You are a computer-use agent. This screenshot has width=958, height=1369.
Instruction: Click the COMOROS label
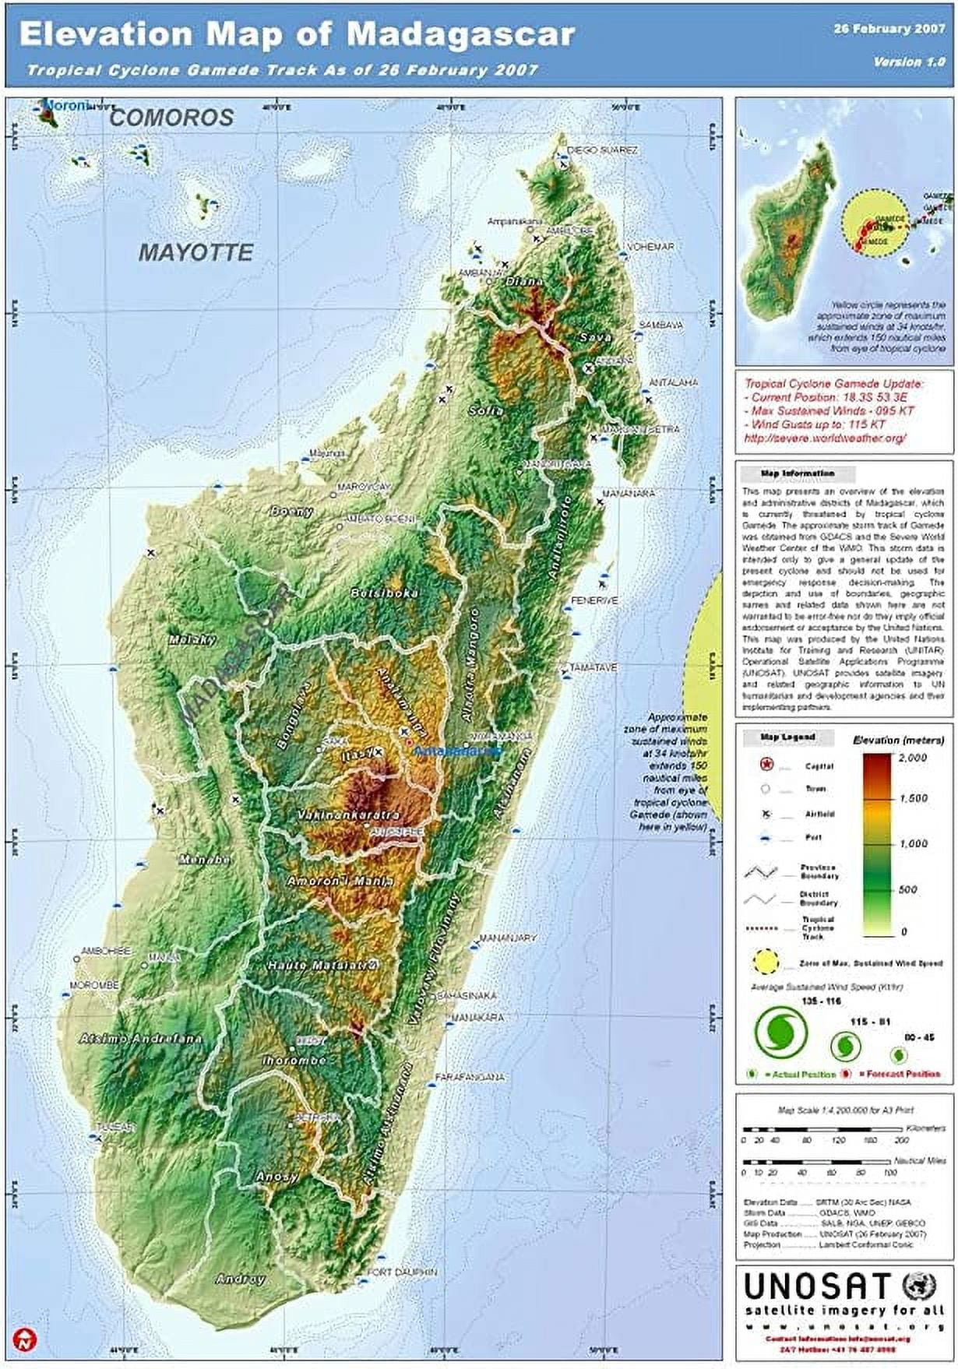pyautogui.click(x=171, y=118)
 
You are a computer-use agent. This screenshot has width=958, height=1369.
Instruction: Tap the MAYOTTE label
pyautogui.click(x=195, y=252)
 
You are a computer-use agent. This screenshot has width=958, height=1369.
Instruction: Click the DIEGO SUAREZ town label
pyautogui.click(x=602, y=150)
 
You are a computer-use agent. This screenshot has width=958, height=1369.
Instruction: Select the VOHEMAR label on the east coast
pyautogui.click(x=650, y=246)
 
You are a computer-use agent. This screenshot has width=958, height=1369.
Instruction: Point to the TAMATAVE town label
pyautogui.click(x=593, y=667)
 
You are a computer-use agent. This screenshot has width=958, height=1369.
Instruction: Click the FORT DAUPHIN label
pyautogui.click(x=402, y=1272)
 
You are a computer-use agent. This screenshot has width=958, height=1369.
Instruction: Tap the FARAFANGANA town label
pyautogui.click(x=469, y=1077)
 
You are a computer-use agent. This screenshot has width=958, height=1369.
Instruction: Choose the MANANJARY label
pyautogui.click(x=507, y=938)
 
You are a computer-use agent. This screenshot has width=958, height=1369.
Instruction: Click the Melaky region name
pyautogui.click(x=192, y=639)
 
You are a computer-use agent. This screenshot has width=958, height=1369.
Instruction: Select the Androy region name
pyautogui.click(x=240, y=1279)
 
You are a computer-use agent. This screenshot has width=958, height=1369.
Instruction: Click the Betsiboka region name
pyautogui.click(x=384, y=593)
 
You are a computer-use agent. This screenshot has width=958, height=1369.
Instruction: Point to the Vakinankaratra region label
pyautogui.click(x=348, y=815)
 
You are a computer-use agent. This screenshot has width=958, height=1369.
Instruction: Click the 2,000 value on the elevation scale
pyautogui.click(x=912, y=757)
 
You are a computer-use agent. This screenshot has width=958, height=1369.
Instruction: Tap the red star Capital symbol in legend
pyautogui.click(x=766, y=765)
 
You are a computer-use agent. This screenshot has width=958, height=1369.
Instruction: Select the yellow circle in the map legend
pyautogui.click(x=766, y=962)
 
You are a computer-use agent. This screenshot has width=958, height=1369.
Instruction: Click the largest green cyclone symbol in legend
pyautogui.click(x=781, y=1029)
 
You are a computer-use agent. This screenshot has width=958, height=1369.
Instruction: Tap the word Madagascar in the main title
pyautogui.click(x=460, y=33)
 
